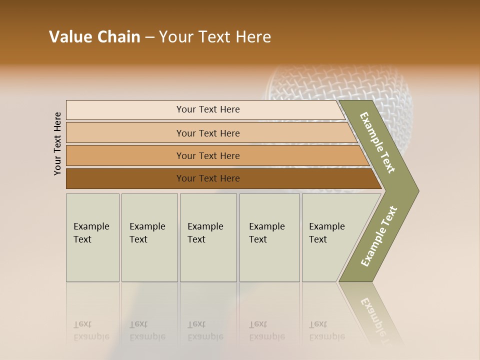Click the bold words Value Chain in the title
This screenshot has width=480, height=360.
pyautogui.click(x=94, y=37)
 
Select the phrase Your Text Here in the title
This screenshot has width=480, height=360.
pyautogui.click(x=215, y=37)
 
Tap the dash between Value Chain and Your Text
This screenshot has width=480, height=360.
pyautogui.click(x=149, y=37)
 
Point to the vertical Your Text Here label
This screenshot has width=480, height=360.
pyautogui.click(x=57, y=143)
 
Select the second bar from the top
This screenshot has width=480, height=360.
pyautogui.click(x=207, y=133)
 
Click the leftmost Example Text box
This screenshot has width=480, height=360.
pyautogui.click(x=92, y=237)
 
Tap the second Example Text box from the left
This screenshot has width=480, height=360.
pyautogui.click(x=149, y=237)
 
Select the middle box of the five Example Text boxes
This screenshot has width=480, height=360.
pyautogui.click(x=208, y=237)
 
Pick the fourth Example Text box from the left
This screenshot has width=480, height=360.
pyautogui.click(x=269, y=237)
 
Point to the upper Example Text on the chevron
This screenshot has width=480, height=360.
pyautogui.click(x=377, y=142)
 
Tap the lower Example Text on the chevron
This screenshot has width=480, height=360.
pyautogui.click(x=378, y=236)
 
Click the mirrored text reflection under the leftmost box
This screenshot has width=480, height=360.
pyautogui.click(x=91, y=330)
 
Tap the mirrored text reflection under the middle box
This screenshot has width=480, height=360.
pyautogui.click(x=205, y=330)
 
